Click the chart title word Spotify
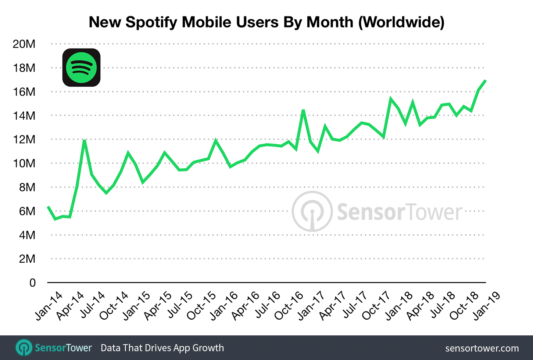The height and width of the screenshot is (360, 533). point(151,22)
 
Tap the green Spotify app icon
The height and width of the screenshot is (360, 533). point(81,68)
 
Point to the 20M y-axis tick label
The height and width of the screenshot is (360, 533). point(24,44)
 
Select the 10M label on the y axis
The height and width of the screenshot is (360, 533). point(24,163)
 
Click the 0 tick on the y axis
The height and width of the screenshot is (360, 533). point(32,283)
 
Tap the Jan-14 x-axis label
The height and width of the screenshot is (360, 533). point(49,306)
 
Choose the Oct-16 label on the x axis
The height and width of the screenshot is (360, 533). point(289,306)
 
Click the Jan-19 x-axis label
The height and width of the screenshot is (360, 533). point(486,306)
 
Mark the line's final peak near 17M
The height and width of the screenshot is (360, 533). point(485,80)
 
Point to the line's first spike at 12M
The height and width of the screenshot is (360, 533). point(85,140)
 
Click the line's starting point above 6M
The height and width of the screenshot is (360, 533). point(48,207)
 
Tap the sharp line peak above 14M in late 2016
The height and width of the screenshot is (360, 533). point(303,110)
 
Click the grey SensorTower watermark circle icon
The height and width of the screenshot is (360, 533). point(312,212)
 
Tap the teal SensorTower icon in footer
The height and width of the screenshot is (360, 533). point(24,348)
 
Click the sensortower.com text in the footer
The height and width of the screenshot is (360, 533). point(482,348)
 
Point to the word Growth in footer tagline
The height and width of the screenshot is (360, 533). point(208,348)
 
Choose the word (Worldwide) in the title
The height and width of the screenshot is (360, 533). point(401,22)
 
